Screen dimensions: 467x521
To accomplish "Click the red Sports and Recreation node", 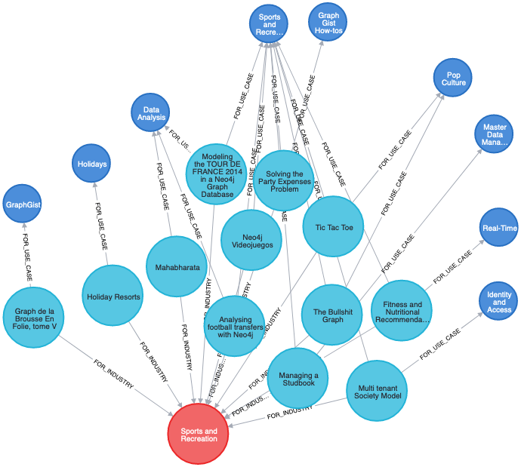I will (198, 434).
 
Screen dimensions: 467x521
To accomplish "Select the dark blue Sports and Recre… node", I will (269, 24).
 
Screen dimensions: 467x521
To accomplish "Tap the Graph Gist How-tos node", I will (328, 22).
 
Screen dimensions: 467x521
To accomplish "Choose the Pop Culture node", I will (452, 78).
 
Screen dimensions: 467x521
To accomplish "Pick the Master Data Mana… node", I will (494, 135).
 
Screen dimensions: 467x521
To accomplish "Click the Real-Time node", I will (499, 228).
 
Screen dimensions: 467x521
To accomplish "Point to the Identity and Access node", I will (498, 302).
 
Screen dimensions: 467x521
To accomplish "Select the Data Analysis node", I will (150, 113).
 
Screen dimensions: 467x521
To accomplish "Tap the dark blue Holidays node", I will (91, 164).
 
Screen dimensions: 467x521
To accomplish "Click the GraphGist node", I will (23, 204).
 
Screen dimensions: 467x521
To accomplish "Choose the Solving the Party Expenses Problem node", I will (283, 181).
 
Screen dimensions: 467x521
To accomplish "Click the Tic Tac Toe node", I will (333, 226).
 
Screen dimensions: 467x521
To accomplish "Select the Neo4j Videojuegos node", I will (251, 240).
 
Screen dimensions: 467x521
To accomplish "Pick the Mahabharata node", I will (177, 267).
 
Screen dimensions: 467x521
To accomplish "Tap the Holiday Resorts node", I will (113, 296).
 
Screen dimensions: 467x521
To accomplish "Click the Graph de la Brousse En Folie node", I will (35, 317).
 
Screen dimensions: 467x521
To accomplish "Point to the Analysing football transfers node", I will (235, 327).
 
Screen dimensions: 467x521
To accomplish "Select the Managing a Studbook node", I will (298, 379).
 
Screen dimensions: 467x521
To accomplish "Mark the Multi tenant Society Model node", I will (377, 391).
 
